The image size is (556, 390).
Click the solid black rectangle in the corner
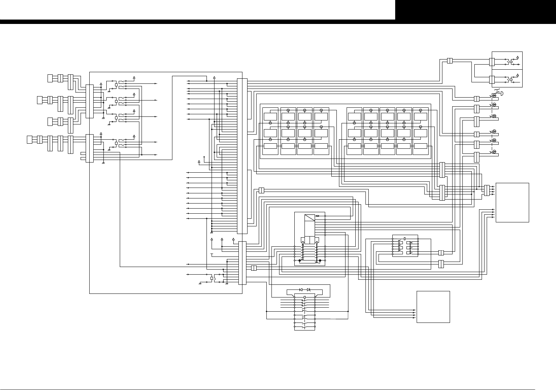click(475, 10)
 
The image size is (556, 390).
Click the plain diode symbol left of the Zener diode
click(301, 290)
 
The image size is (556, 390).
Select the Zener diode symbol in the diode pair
click(308, 290)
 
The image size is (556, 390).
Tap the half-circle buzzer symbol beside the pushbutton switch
click(502, 94)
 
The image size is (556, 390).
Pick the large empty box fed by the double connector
click(512, 202)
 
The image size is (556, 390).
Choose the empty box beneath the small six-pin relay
click(433, 307)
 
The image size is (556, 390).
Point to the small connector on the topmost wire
click(450, 61)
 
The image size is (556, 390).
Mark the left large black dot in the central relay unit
click(299, 260)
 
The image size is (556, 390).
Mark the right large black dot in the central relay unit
click(320, 260)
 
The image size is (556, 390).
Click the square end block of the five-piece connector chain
click(29, 139)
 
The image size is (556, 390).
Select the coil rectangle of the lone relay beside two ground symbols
click(212, 279)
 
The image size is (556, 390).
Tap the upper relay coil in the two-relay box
click(511, 62)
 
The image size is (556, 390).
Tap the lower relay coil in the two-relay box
click(511, 78)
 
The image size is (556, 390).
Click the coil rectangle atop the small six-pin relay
click(405, 238)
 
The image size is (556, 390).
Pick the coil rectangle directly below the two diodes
click(304, 297)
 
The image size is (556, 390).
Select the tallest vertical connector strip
click(242, 156)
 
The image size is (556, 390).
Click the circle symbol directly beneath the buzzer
click(494, 104)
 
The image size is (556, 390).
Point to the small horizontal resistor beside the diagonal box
click(318, 215)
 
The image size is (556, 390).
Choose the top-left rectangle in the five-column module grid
click(354, 116)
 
